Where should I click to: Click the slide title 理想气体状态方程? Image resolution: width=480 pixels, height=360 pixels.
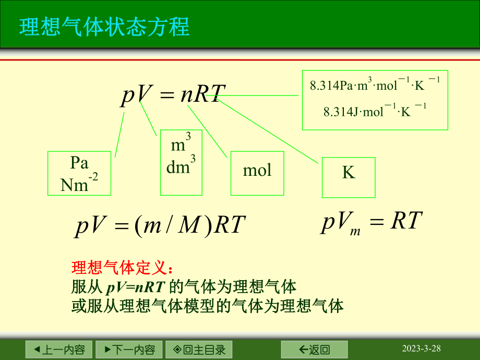[x=104, y=27]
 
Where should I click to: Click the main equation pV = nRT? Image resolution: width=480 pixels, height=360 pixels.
[x=173, y=95]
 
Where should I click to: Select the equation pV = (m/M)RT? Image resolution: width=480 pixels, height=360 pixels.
[x=160, y=225]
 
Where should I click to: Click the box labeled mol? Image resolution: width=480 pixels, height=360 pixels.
[x=257, y=173]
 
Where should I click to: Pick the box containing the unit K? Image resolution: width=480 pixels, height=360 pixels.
[x=348, y=177]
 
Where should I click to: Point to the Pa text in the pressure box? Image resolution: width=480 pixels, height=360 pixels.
[x=79, y=163]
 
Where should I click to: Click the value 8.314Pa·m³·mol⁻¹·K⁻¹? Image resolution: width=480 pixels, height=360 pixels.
[x=375, y=84]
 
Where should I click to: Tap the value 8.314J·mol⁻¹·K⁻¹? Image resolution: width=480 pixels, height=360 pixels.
[x=375, y=111]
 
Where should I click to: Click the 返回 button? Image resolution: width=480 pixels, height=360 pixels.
[x=314, y=349]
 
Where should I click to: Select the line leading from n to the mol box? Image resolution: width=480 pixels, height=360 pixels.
[x=208, y=131]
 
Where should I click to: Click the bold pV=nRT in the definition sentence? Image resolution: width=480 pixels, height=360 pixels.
[x=136, y=286]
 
